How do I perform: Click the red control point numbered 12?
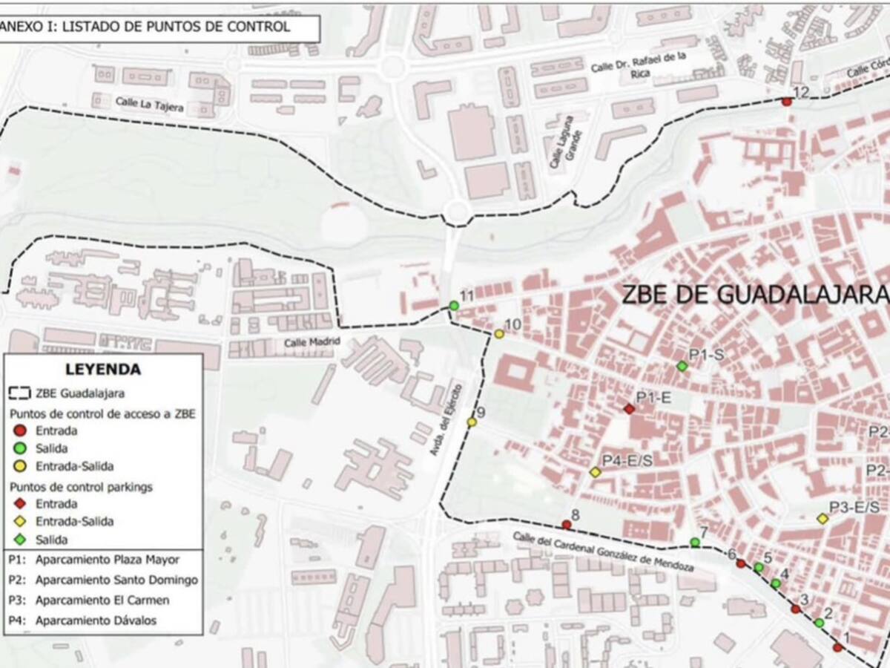[x=787, y=102]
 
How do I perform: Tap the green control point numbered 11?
[x=454, y=306]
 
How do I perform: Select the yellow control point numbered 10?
[x=499, y=334]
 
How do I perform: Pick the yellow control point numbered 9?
[x=472, y=422]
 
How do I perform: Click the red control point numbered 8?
[x=567, y=525]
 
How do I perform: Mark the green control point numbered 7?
[x=695, y=543]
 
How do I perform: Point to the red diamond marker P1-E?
[x=629, y=409]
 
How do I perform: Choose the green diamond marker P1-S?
[x=682, y=366]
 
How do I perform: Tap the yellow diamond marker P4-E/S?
[x=595, y=472]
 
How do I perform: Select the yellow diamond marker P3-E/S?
[x=823, y=519]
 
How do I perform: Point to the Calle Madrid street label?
[x=312, y=341]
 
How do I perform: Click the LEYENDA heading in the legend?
[x=103, y=369]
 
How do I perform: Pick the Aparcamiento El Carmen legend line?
[x=102, y=600]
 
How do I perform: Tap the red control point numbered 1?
[x=837, y=648]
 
